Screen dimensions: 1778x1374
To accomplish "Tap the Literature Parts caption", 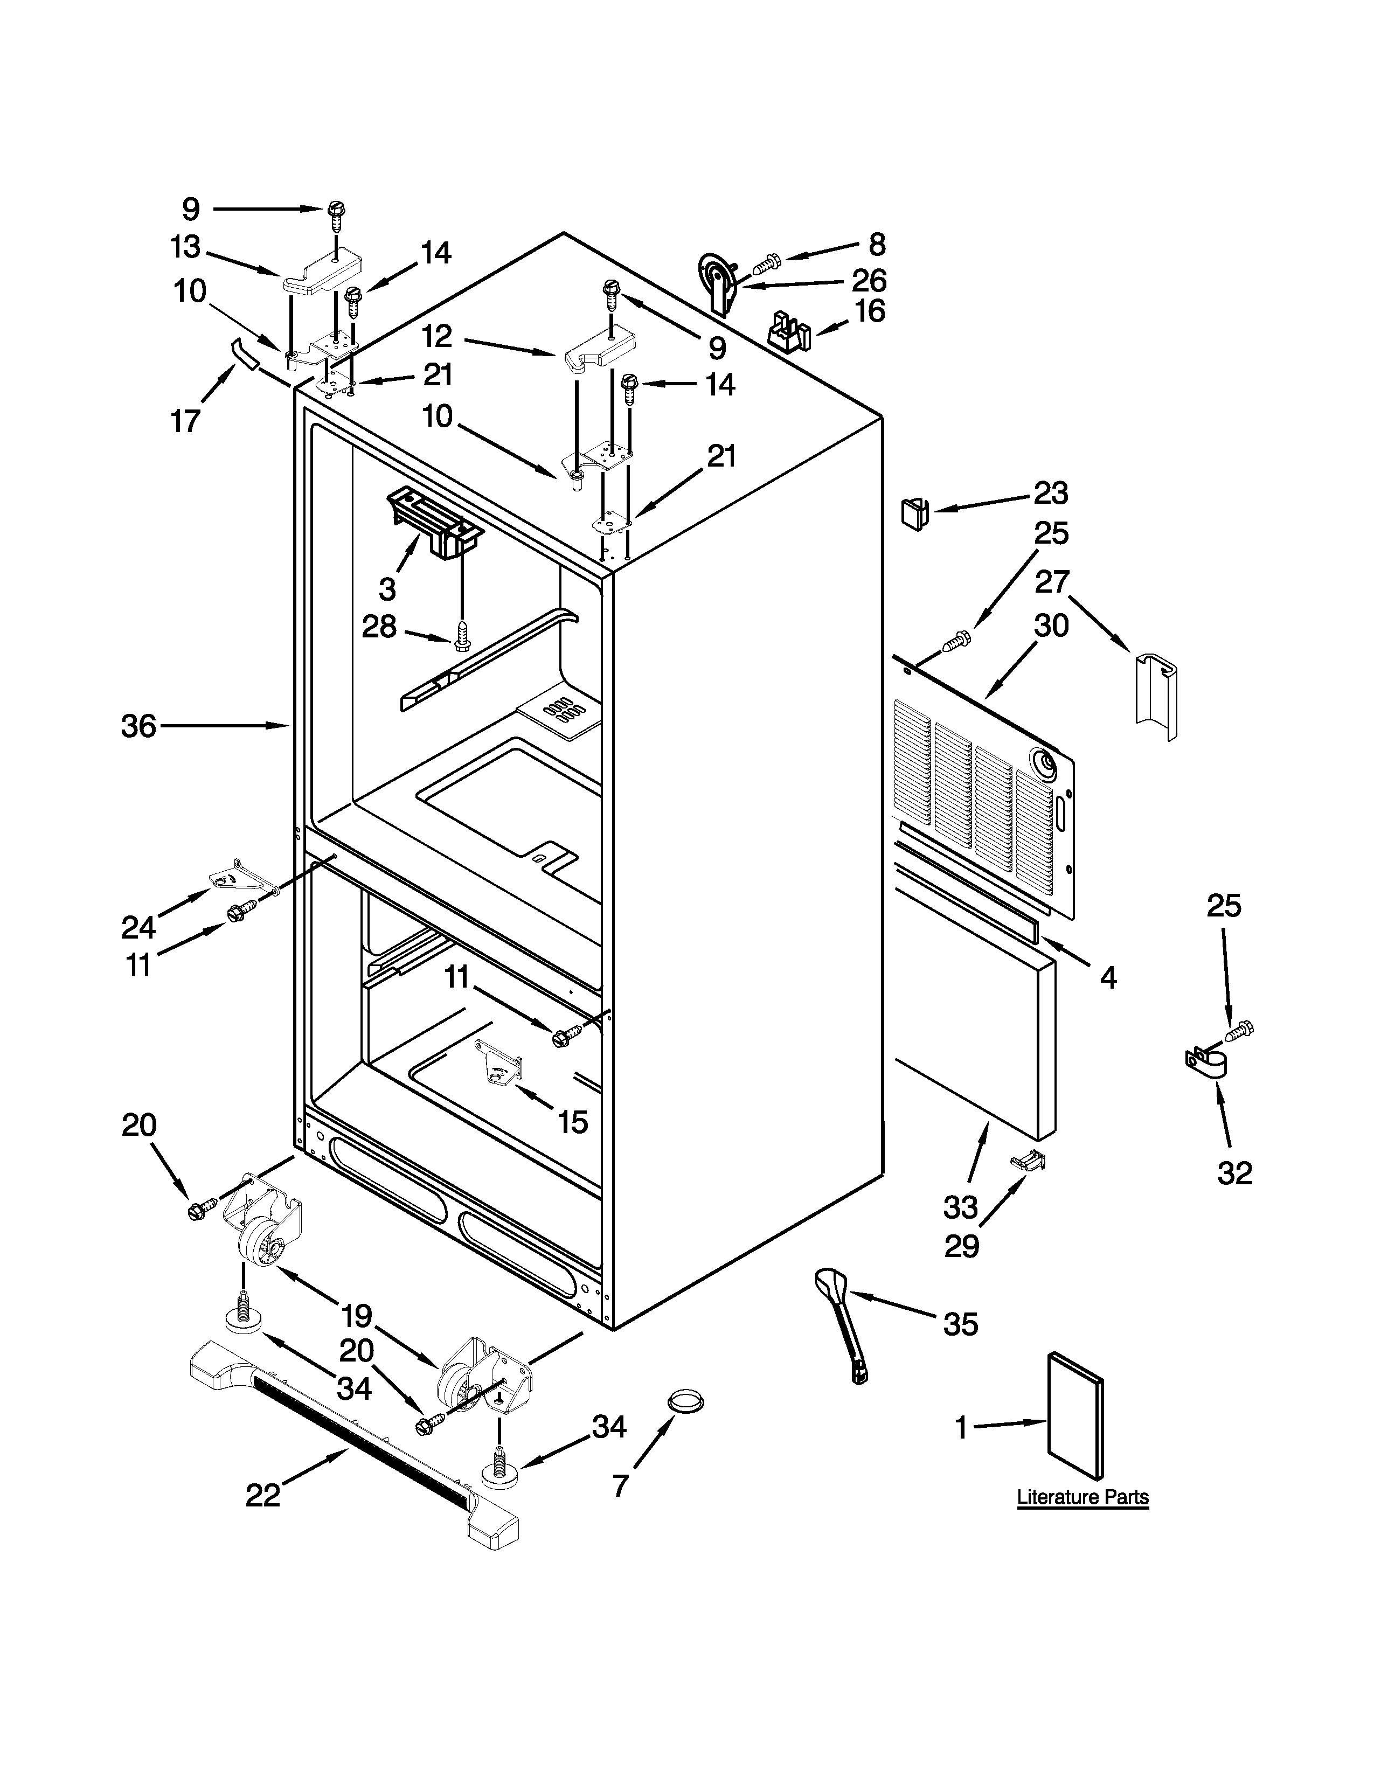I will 1082,1496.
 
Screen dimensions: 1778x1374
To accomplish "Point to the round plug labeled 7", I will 685,1401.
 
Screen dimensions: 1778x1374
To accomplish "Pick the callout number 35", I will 961,1324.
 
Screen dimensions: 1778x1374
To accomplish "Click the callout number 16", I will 869,311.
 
